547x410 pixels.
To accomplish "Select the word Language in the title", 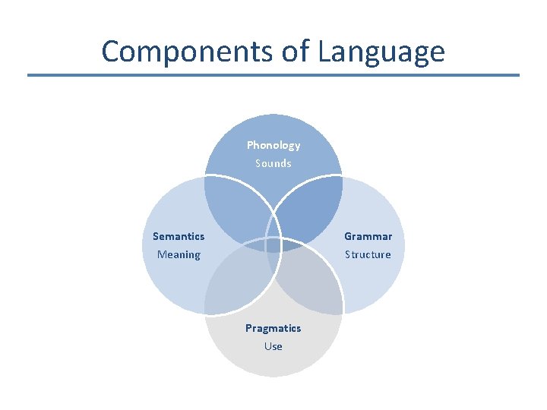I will (x=381, y=51).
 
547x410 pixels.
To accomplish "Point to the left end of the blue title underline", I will (x=29, y=75).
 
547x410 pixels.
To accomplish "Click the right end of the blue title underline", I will (x=518, y=75).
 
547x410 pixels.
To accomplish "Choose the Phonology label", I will (x=273, y=145).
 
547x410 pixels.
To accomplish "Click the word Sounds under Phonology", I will (x=273, y=163).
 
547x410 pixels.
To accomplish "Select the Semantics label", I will (x=179, y=236).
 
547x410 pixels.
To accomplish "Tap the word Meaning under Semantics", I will (x=179, y=254).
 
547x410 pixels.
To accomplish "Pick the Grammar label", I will (x=368, y=236).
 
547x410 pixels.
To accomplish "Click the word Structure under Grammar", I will (x=368, y=254).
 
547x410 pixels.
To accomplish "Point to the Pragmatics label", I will (x=273, y=328).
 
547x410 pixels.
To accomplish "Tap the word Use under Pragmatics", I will (x=273, y=346).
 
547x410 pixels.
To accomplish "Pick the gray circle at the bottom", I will (x=273, y=357).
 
